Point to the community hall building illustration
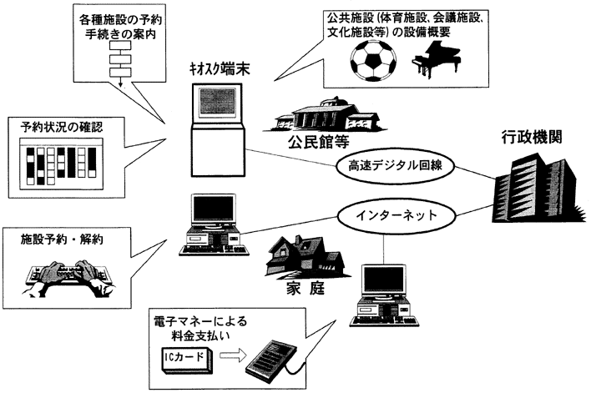tap(318, 112)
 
